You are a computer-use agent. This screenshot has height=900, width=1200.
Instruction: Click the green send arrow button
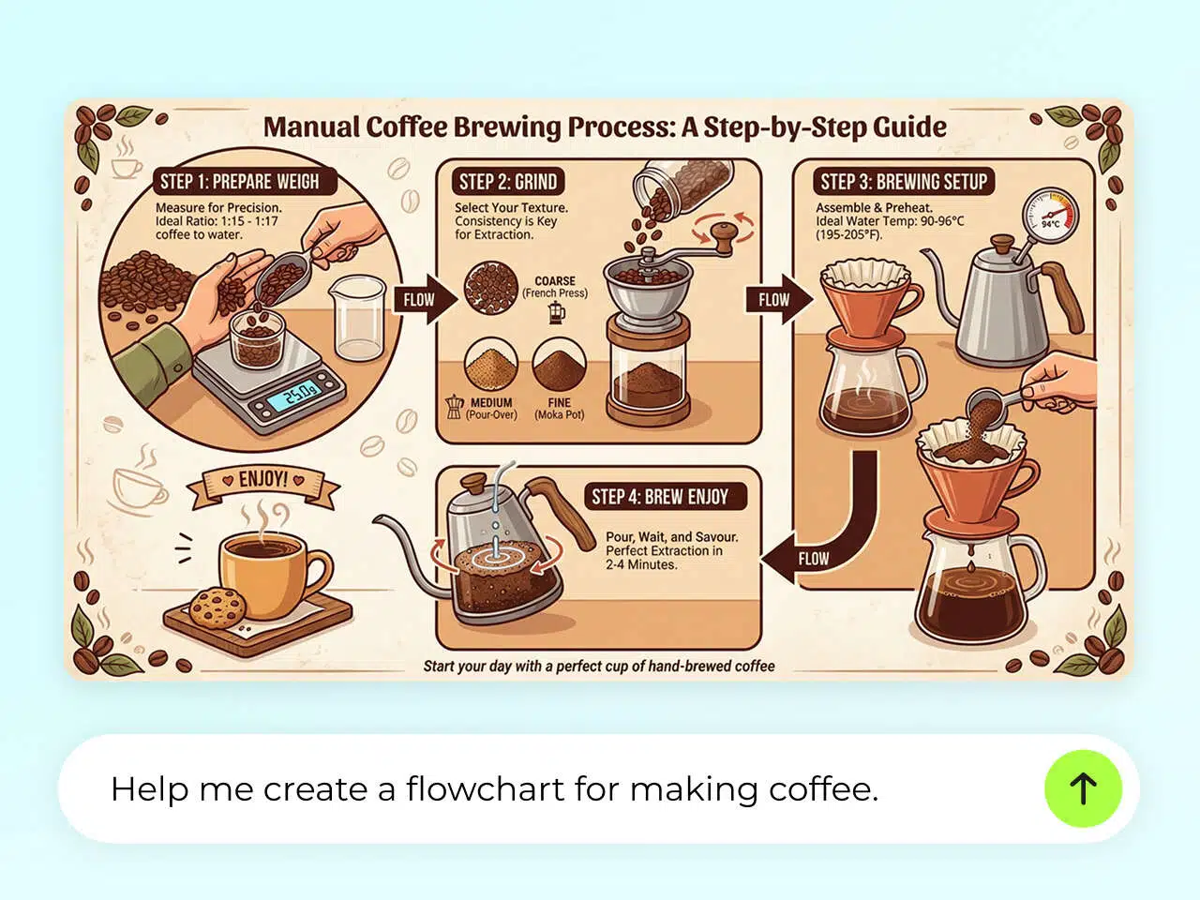(x=1083, y=788)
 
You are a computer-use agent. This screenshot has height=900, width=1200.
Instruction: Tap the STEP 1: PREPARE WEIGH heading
(x=239, y=182)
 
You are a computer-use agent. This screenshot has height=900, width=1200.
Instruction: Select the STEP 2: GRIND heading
(x=507, y=182)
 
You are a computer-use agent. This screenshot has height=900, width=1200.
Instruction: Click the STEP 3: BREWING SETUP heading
(x=904, y=182)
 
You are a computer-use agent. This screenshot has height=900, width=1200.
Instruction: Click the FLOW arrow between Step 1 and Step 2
(x=424, y=300)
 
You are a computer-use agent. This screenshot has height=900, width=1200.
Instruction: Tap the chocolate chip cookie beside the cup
(x=217, y=607)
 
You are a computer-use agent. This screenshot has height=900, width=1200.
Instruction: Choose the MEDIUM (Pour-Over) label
(x=491, y=409)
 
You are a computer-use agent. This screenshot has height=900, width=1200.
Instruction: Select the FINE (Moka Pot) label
(x=560, y=409)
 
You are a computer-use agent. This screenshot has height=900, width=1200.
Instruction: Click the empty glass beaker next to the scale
(x=359, y=319)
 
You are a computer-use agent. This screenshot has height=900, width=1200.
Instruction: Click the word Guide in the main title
(x=908, y=127)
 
